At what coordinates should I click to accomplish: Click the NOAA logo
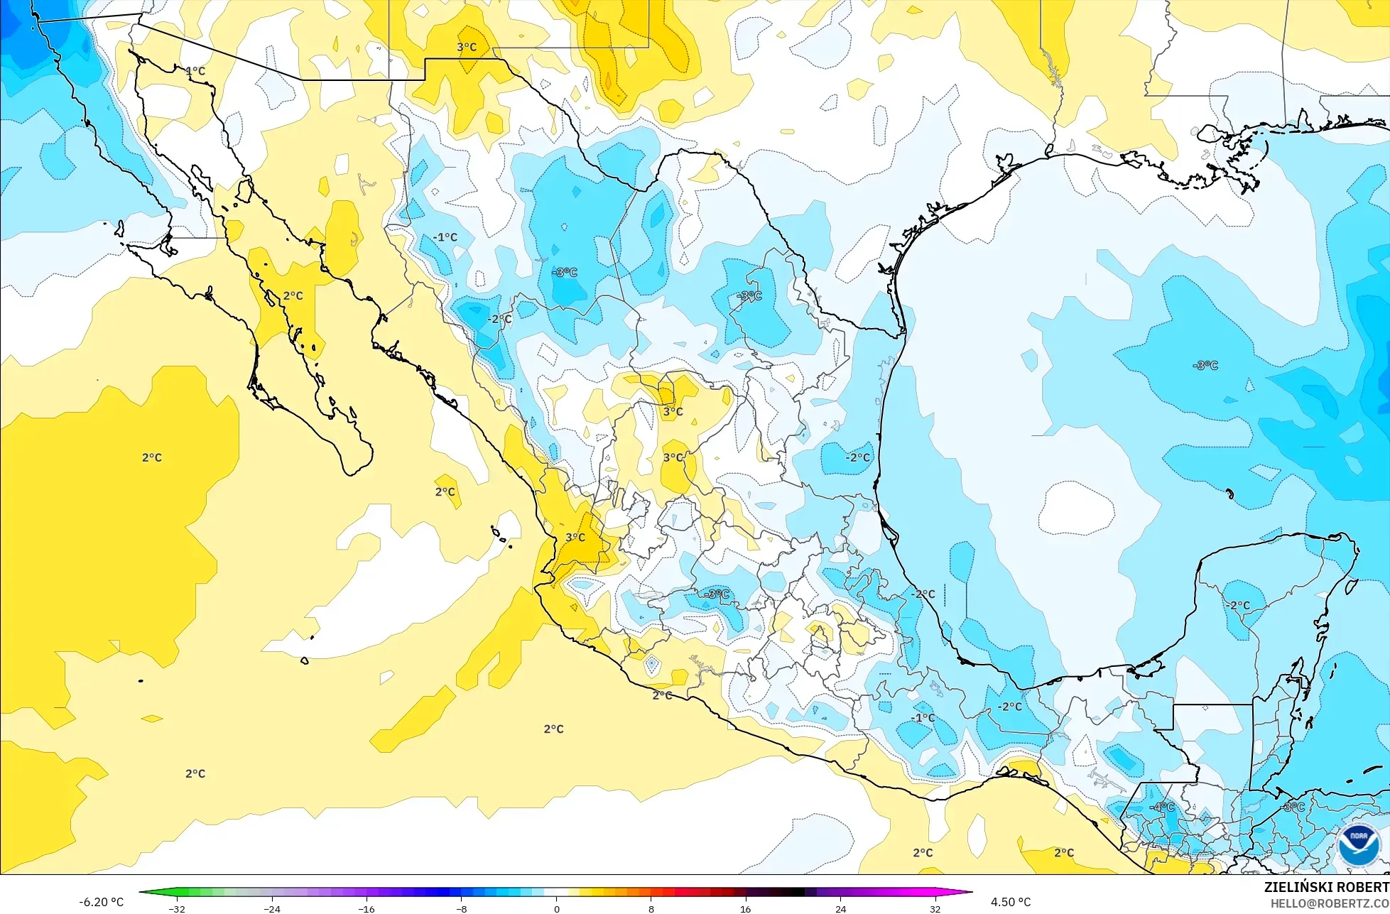coord(1357,845)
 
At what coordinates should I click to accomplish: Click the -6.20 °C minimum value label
coord(101,902)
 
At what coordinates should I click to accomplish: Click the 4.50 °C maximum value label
coord(1011,902)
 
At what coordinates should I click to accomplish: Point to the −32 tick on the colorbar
coord(177,908)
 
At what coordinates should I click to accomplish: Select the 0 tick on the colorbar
coord(556,908)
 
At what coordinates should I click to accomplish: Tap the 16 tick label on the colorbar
coord(745,908)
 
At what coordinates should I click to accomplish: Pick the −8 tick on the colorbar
coord(461,908)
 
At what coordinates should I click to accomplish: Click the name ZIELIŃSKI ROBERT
coord(1326,887)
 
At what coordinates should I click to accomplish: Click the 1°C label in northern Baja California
coord(195,71)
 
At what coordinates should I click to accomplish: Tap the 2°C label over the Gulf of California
coord(293,295)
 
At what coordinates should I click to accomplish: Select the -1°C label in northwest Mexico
coord(445,237)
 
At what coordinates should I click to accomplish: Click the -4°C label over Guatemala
coord(1162,807)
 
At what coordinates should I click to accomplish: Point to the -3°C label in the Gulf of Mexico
coord(1205,365)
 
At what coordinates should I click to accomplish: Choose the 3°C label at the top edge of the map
coord(467,47)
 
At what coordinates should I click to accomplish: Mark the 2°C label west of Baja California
coord(152,457)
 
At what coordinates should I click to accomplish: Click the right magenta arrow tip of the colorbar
coord(970,892)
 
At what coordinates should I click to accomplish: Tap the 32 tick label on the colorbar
coord(935,908)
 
